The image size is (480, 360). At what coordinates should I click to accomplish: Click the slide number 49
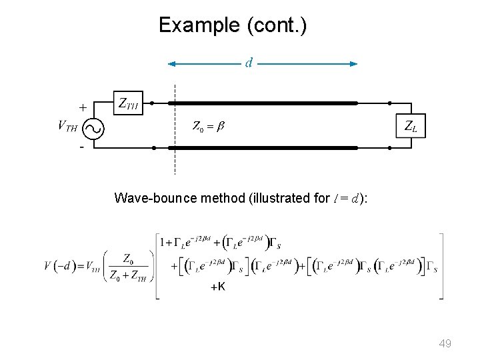(445, 343)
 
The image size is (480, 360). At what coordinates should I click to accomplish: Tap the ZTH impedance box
(129, 103)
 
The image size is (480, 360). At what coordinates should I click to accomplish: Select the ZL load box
(410, 125)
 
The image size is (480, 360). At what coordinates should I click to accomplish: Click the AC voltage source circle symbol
(94, 126)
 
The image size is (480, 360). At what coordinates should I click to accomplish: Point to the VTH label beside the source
(67, 125)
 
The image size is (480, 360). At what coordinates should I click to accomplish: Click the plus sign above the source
(82, 107)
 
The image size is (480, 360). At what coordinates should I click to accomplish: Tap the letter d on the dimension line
(249, 63)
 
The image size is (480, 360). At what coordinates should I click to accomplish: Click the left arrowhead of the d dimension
(172, 64)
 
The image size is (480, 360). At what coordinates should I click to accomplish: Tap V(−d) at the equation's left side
(58, 266)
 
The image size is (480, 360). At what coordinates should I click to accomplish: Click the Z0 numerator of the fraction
(131, 257)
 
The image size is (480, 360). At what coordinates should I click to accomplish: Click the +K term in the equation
(218, 287)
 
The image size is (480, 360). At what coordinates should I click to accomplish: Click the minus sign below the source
(82, 147)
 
